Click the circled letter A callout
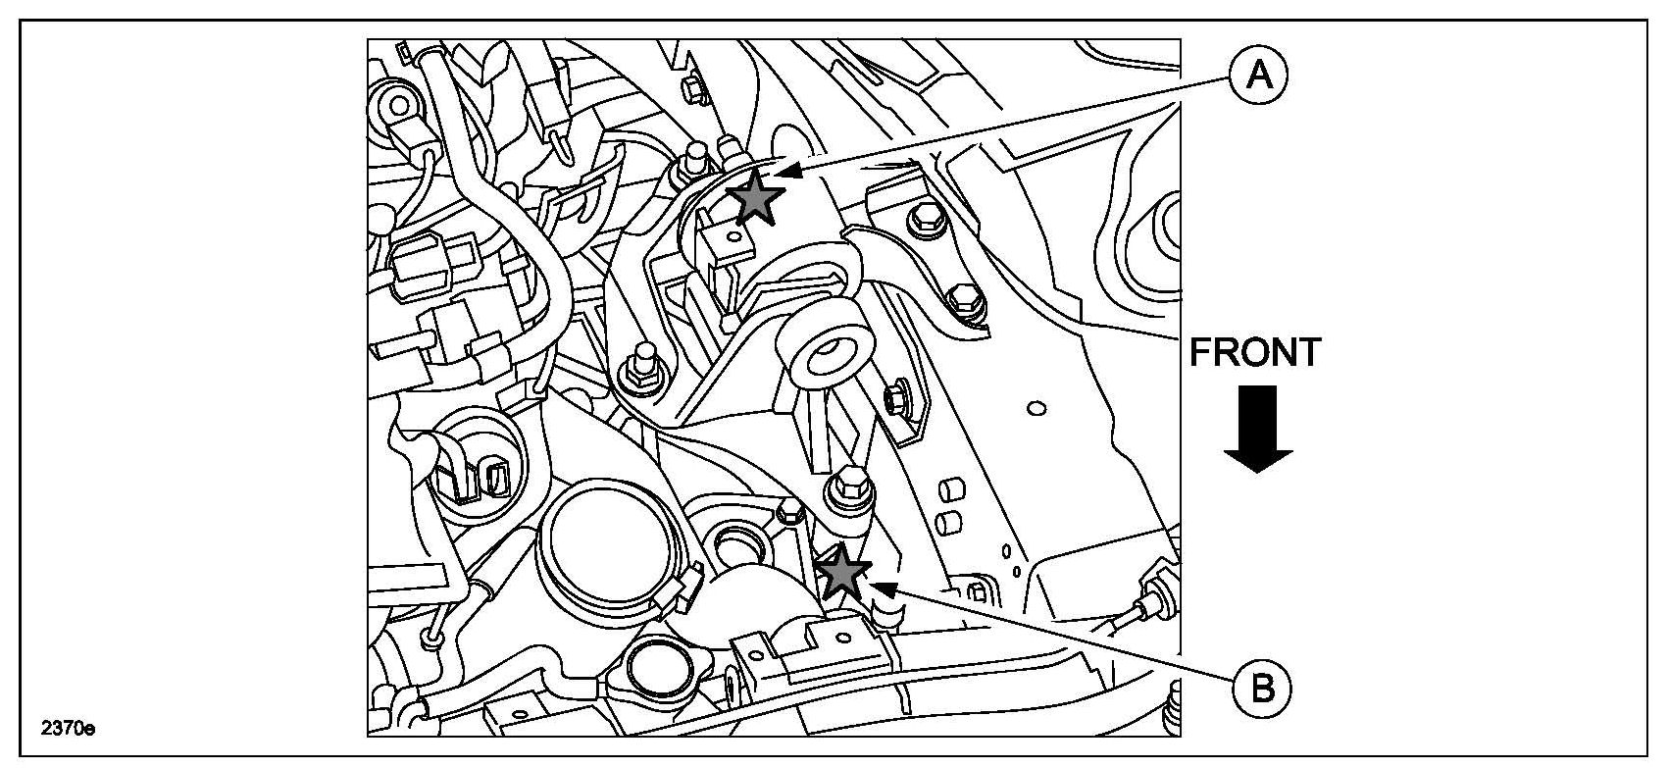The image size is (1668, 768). [x=1258, y=76]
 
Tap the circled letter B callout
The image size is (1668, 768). [x=1261, y=689]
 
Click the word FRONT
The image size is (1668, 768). [x=1255, y=352]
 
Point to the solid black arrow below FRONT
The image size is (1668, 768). [x=1258, y=429]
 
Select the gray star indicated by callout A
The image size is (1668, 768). [x=756, y=196]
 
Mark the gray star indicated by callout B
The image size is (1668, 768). [x=843, y=573]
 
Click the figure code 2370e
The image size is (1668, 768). [x=68, y=728]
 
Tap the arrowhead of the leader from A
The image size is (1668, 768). [x=794, y=171]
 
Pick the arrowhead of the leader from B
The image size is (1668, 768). [x=884, y=589]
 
